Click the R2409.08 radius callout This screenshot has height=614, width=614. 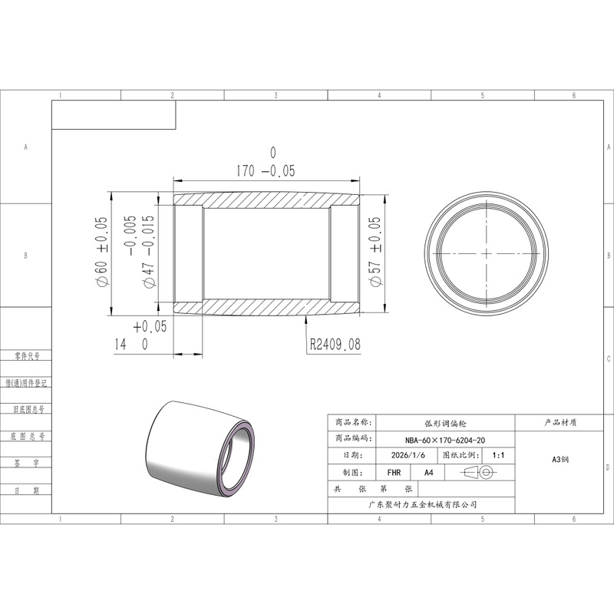(x=335, y=344)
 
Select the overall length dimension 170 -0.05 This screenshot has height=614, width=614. (x=266, y=170)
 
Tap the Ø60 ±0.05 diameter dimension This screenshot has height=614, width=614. (x=101, y=252)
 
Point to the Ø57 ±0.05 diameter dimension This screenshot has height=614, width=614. (x=375, y=253)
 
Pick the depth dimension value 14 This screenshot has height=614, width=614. (x=120, y=345)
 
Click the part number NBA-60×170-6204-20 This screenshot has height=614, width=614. (x=445, y=440)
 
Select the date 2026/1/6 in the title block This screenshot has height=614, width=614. (x=408, y=455)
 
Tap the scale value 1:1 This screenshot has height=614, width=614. (x=498, y=455)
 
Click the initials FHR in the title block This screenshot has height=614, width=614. (x=394, y=473)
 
